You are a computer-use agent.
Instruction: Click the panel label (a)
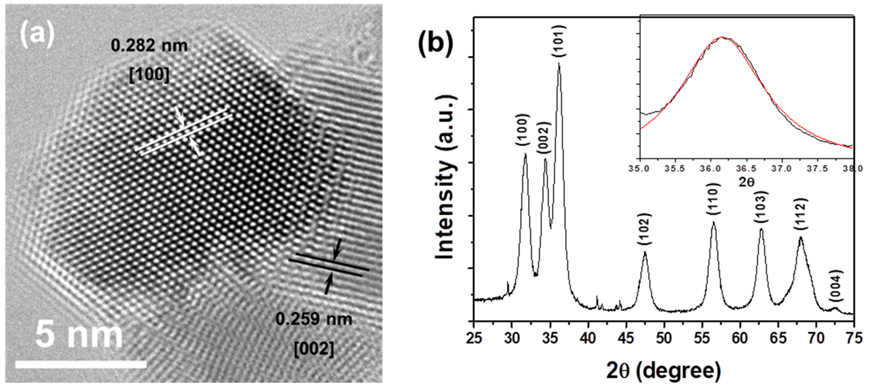click(37, 35)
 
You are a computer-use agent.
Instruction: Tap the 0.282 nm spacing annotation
click(149, 46)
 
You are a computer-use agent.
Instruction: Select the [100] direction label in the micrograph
click(149, 75)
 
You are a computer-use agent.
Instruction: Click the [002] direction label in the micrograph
click(314, 349)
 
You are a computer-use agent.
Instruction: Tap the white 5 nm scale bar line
click(81, 364)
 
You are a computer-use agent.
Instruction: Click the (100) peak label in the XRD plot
click(522, 130)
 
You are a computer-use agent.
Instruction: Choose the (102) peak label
click(644, 229)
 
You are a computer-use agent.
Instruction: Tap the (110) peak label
click(713, 199)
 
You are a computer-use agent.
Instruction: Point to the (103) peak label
click(761, 207)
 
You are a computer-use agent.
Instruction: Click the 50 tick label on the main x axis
click(664, 338)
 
